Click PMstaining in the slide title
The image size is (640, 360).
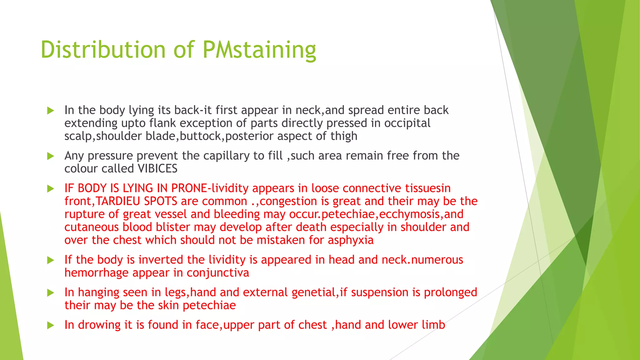(259, 50)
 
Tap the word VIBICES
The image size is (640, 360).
(157, 169)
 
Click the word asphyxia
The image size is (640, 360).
(351, 240)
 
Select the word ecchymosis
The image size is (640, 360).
(409, 214)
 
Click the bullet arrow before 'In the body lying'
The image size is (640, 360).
(51, 111)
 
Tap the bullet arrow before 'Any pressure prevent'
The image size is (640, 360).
(51, 156)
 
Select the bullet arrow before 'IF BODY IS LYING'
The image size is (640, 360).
(51, 189)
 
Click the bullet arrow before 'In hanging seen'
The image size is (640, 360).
(51, 293)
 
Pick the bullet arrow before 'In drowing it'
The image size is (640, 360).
(51, 325)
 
